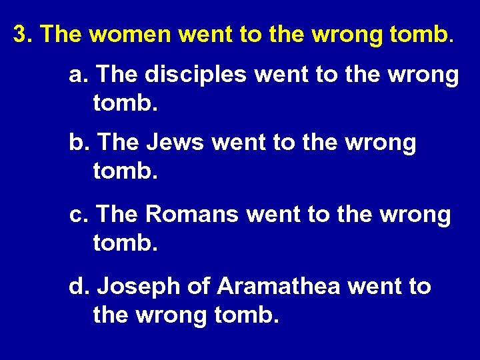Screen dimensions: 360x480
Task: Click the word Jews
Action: [176, 143]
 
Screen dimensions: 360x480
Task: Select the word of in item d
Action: [198, 287]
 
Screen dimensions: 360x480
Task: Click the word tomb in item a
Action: [126, 103]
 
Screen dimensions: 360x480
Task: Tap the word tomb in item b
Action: [126, 171]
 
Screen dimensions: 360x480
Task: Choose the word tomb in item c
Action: [126, 243]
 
